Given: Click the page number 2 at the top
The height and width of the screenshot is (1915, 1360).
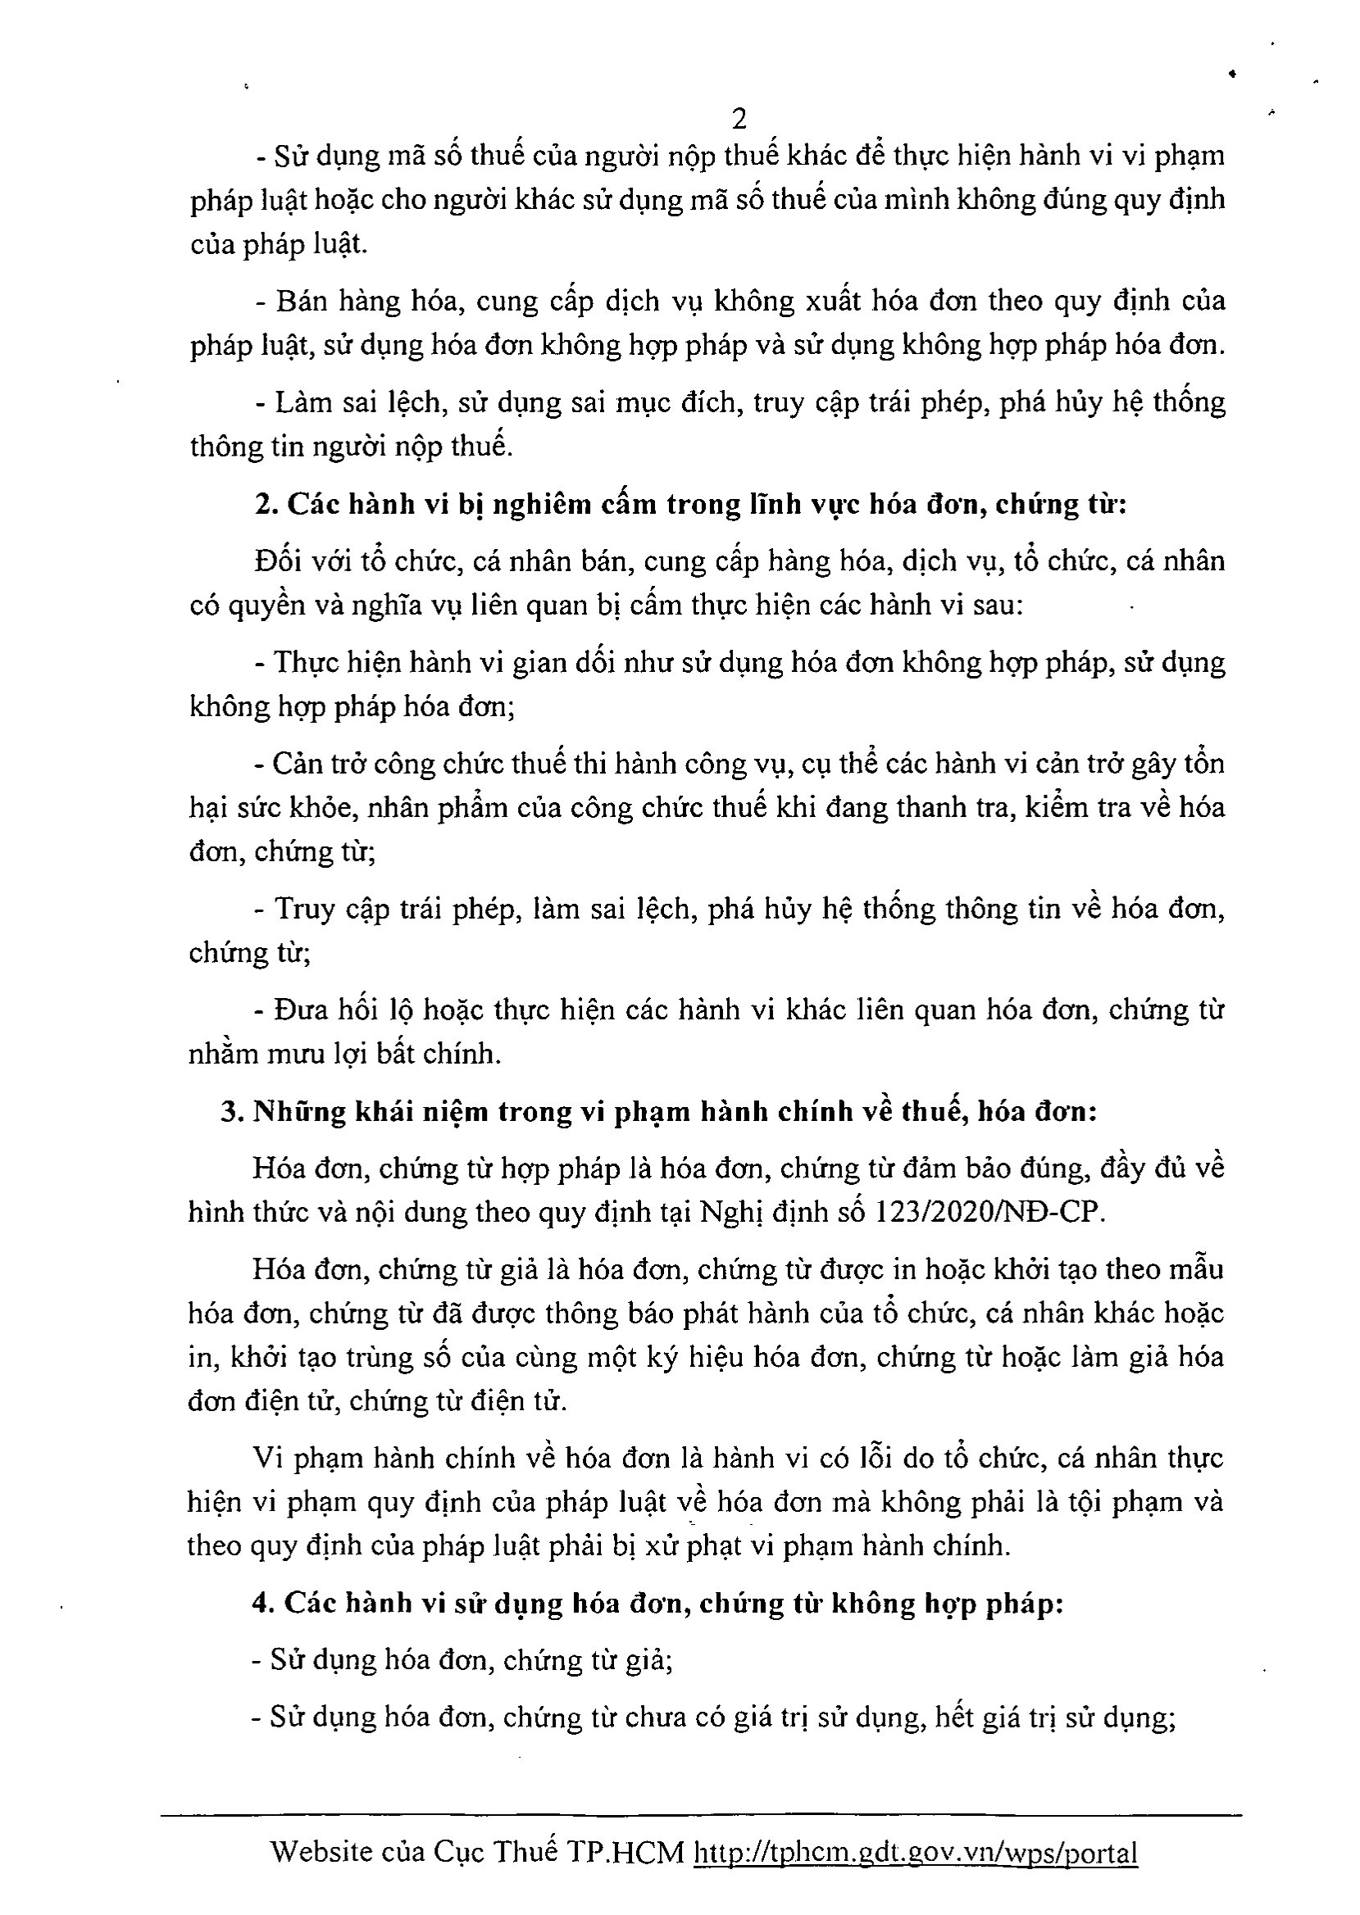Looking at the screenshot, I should tap(739, 120).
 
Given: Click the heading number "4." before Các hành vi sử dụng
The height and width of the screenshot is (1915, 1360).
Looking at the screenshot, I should tap(262, 1602).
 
